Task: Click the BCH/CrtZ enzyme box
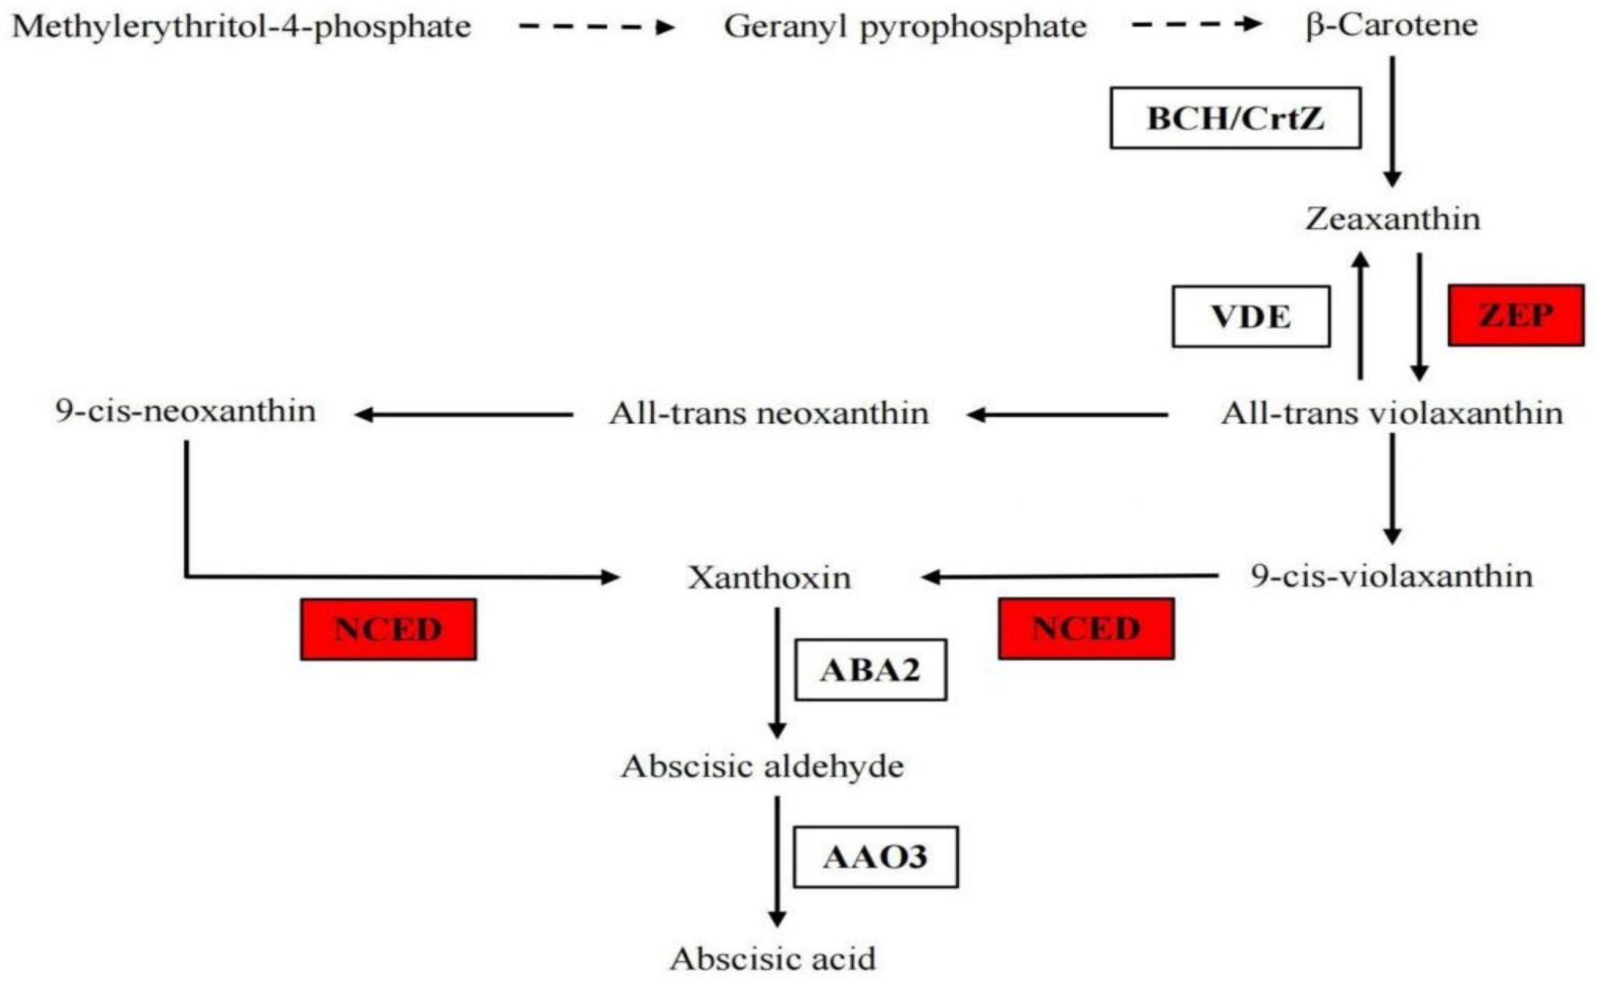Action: [x=1234, y=117]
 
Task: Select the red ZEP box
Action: [x=1516, y=315]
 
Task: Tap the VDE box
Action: [x=1250, y=316]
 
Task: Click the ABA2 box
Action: [x=870, y=669]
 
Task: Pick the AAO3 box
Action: [x=875, y=857]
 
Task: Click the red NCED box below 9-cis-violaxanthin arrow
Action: [x=1086, y=628]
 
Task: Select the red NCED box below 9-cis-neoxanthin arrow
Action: [x=388, y=629]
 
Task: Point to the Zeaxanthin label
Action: [x=1392, y=218]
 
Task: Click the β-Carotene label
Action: [x=1392, y=26]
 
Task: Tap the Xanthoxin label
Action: [x=769, y=577]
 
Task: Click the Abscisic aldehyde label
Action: [x=762, y=766]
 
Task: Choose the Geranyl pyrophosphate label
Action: [x=905, y=28]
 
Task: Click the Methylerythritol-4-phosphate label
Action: [x=242, y=28]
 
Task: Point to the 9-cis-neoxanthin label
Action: [x=185, y=411]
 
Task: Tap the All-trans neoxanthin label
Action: [x=769, y=413]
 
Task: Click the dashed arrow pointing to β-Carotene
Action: [x=1197, y=24]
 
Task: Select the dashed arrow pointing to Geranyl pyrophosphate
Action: [x=596, y=27]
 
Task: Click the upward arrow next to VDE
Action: [x=1360, y=316]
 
